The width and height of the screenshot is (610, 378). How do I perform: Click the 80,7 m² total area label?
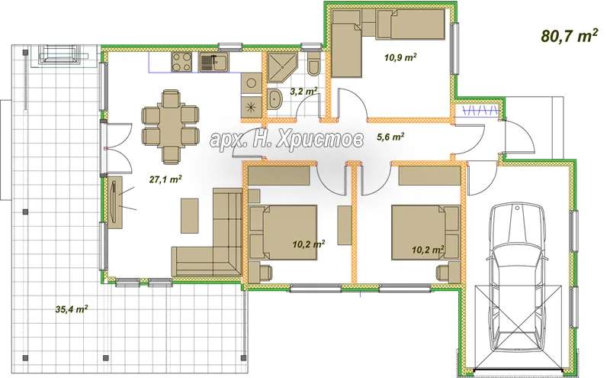(569, 36)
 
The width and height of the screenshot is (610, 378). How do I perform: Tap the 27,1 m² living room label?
(165, 179)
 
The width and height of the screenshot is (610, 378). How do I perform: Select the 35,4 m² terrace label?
(72, 309)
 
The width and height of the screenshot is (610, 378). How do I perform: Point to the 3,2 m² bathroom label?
(303, 92)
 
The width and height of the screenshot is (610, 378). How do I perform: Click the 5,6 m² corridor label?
(390, 137)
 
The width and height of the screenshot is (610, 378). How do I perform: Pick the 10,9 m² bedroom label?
(401, 58)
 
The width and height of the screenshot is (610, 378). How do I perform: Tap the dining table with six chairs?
(171, 126)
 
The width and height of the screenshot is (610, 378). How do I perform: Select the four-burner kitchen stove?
(181, 63)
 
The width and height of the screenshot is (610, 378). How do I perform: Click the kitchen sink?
(214, 63)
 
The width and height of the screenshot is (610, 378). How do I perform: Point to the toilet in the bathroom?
(313, 64)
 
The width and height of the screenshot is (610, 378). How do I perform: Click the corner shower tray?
(282, 68)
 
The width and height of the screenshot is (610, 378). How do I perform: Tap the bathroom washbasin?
(275, 99)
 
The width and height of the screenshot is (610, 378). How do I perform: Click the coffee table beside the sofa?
(189, 215)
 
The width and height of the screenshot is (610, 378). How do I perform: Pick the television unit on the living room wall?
(116, 202)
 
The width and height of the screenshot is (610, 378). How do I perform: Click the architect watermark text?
(287, 140)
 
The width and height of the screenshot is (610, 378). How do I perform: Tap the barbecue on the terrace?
(60, 54)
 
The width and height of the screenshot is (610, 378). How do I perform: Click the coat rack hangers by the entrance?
(481, 111)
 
